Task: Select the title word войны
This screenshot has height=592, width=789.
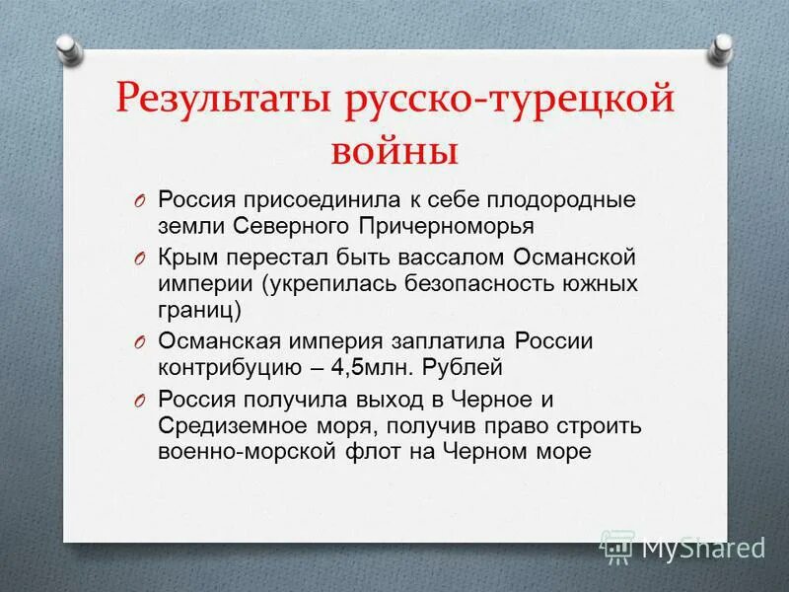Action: tap(394, 152)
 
